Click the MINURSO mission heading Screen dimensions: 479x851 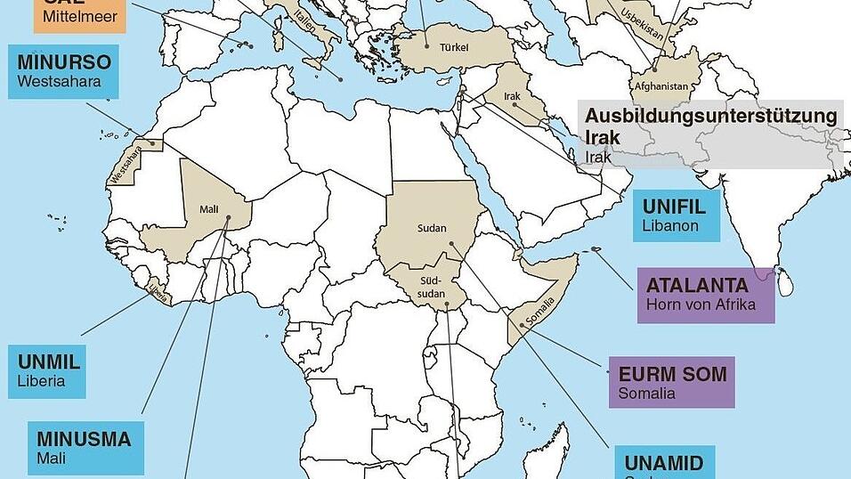[x=64, y=63]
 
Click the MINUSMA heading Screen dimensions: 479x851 [x=85, y=439]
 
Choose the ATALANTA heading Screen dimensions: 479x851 [x=697, y=286]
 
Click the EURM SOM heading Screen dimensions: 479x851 [x=673, y=374]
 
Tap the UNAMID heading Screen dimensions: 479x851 [x=663, y=463]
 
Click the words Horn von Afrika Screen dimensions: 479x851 [x=701, y=304]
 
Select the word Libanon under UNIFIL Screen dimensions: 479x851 [x=671, y=226]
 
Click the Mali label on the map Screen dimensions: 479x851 [x=208, y=209]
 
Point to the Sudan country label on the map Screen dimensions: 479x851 [x=432, y=229]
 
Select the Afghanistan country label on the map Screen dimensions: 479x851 [x=661, y=86]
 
